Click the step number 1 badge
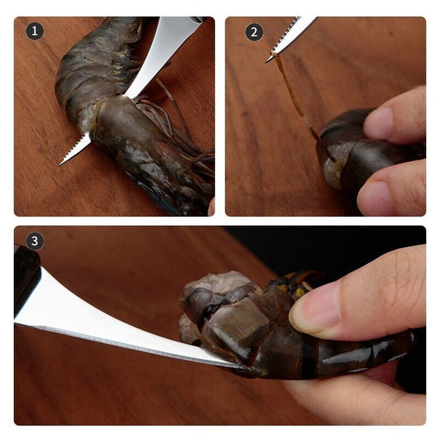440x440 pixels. tap(34, 31)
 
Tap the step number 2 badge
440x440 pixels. tap(254, 32)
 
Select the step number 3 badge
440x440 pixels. tap(34, 241)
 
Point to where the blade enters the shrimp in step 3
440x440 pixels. tap(231, 362)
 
